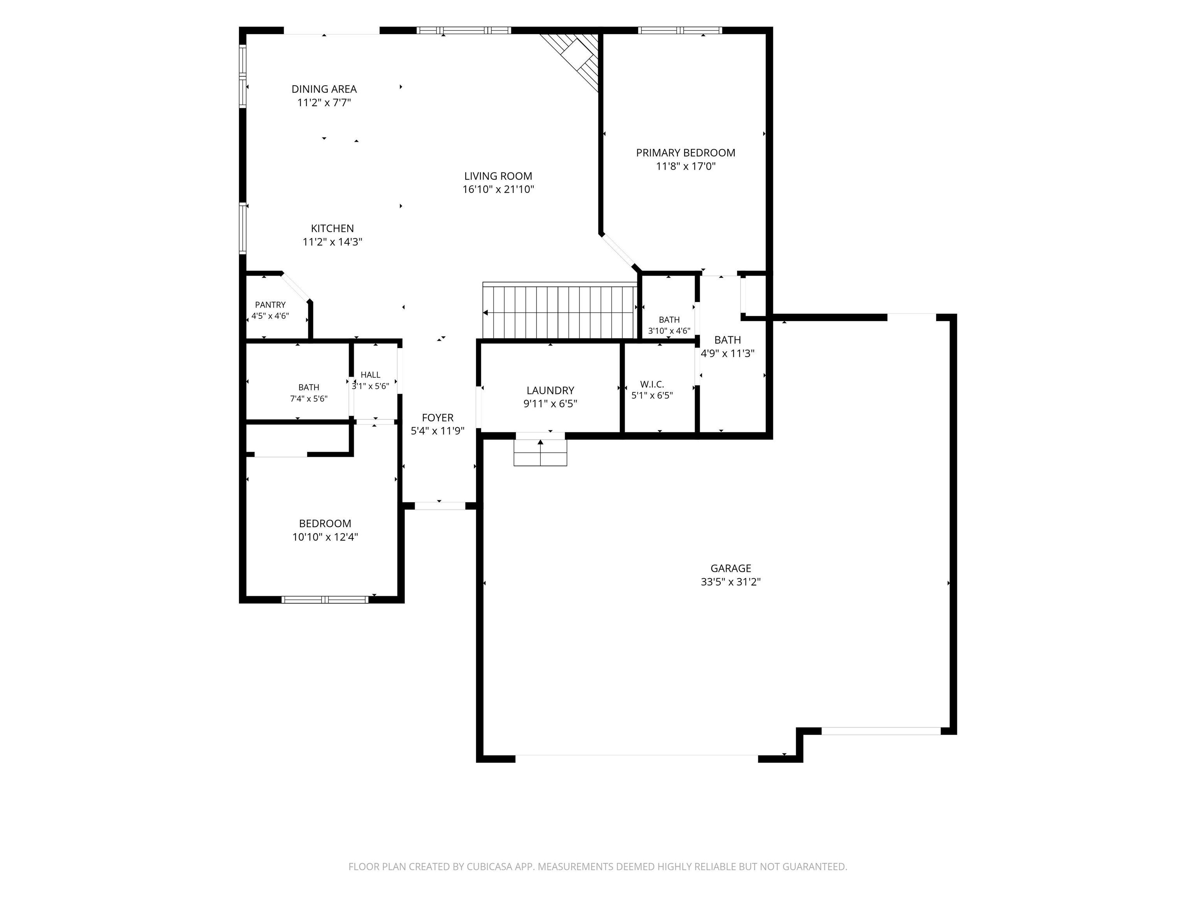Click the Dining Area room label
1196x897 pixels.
[x=324, y=89]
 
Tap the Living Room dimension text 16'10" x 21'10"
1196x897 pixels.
[x=498, y=189]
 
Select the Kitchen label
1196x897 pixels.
[x=332, y=228]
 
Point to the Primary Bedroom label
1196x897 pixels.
[x=686, y=153]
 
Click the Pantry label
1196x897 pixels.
[x=270, y=305]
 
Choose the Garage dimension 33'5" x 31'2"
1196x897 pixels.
[x=730, y=582]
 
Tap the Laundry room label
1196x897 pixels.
[x=551, y=390]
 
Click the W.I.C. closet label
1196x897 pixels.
[x=652, y=384]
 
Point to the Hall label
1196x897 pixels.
[x=370, y=375]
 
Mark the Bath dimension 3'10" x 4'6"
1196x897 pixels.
[x=669, y=331]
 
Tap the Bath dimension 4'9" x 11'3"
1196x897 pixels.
[x=728, y=354]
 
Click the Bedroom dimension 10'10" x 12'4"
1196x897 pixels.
[x=325, y=537]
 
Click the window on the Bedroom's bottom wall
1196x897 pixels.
[x=325, y=599]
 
